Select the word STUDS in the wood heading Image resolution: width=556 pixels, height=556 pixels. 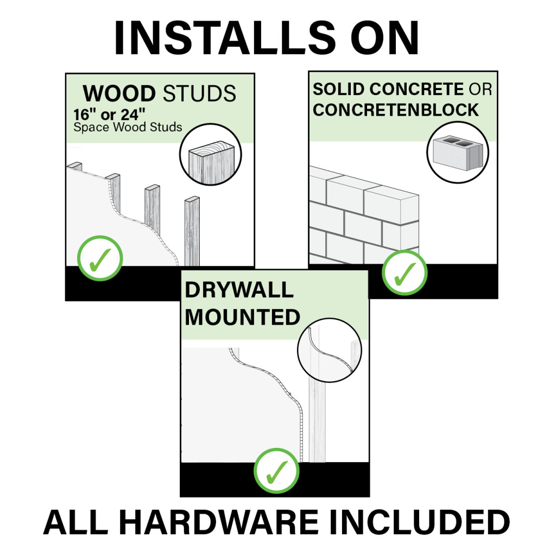pos(199,94)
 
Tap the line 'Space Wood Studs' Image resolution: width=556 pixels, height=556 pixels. pos(128,128)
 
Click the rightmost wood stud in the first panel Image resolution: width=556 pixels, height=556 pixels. pos(192,231)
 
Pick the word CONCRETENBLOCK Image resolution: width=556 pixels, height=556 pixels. pos(396,110)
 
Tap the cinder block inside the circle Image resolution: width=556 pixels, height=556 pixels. pos(457,153)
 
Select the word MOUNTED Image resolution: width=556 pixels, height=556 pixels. pos(242,317)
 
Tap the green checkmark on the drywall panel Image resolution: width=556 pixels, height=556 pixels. pos(277,471)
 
